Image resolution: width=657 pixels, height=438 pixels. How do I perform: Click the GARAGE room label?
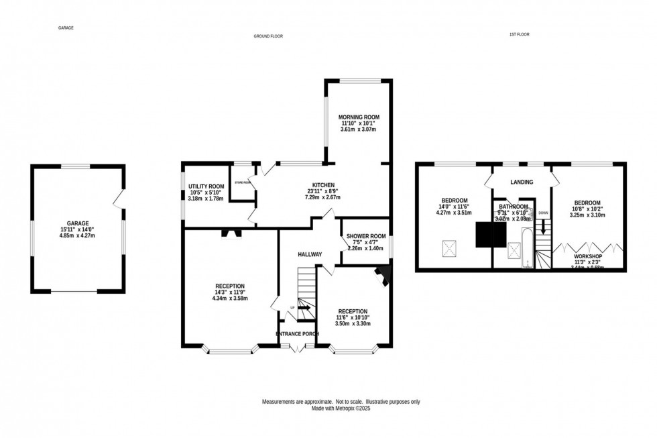click(x=77, y=223)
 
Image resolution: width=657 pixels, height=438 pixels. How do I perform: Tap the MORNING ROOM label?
click(x=359, y=117)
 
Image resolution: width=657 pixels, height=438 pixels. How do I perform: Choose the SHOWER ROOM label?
click(x=365, y=235)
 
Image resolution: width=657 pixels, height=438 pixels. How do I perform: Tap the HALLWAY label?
click(x=310, y=254)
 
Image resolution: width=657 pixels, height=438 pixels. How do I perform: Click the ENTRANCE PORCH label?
click(x=297, y=333)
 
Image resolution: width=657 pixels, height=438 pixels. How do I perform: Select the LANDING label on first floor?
click(x=522, y=182)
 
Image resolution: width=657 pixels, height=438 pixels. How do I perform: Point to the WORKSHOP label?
click(x=587, y=256)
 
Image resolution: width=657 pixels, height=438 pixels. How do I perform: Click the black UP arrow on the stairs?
click(x=304, y=309)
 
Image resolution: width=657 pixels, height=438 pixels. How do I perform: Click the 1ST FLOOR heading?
click(x=520, y=34)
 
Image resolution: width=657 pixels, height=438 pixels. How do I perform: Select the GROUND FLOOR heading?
click(x=268, y=36)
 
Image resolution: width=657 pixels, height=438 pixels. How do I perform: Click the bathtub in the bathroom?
click(x=527, y=247)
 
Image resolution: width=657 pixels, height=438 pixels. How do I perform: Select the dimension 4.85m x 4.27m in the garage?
click(x=77, y=236)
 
